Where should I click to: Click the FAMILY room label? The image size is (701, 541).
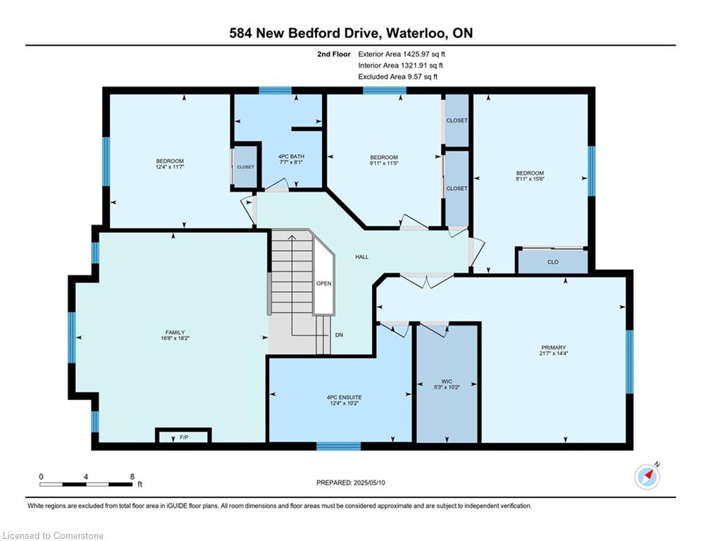coord(175,332)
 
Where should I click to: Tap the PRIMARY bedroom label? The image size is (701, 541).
coord(554,347)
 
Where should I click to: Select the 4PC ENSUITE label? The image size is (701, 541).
coord(345,397)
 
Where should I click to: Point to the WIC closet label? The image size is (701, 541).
coord(447,381)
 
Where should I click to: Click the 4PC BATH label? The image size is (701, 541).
coord(291,156)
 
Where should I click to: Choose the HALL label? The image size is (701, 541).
coord(361,256)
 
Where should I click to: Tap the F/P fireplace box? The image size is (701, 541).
coord(183,436)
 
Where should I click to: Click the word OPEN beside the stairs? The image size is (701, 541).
coord(323,283)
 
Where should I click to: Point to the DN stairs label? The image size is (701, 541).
coord(339,335)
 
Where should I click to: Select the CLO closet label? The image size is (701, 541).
coord(553,262)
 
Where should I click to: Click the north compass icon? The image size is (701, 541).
coord(647,476)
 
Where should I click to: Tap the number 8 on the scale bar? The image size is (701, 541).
coord(132,477)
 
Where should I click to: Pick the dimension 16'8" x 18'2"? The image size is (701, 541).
coord(175,338)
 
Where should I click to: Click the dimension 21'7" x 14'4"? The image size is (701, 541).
coord(554,353)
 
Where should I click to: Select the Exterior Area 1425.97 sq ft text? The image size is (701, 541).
coord(402,54)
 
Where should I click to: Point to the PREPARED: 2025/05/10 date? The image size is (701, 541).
coord(351,483)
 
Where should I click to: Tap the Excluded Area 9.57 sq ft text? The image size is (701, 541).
coord(398,77)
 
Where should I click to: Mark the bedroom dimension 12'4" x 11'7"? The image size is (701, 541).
coord(170,167)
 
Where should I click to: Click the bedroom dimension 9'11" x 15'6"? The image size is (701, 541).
coord(530,179)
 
